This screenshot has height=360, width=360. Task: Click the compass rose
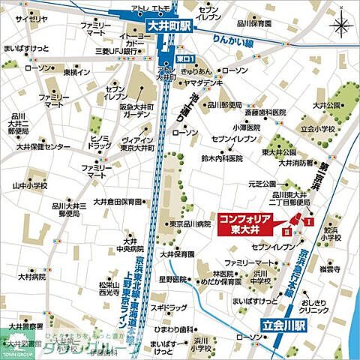coord(340,28)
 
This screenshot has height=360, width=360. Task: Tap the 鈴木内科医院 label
coord(222,159)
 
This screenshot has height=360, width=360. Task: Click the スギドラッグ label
coord(167,307)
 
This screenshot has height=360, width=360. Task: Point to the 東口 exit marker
coord(186,58)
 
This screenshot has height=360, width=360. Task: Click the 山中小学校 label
coord(29,184)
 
